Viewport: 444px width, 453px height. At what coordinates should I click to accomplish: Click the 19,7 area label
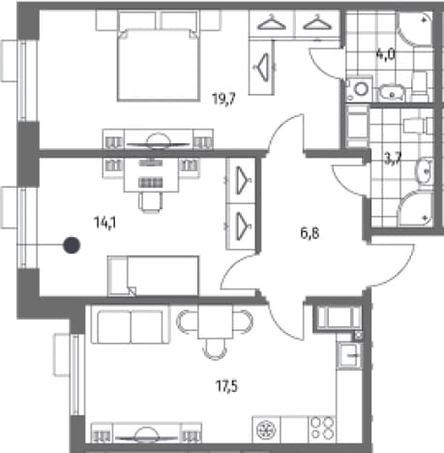click(x=223, y=99)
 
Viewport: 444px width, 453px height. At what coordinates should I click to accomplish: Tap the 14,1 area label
click(x=105, y=223)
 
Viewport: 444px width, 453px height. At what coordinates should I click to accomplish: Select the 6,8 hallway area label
click(x=310, y=232)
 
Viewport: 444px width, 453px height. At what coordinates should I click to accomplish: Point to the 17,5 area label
click(x=226, y=386)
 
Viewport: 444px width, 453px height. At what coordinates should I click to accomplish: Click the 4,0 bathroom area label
click(x=385, y=54)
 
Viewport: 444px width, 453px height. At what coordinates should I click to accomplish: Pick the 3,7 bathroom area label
click(x=393, y=160)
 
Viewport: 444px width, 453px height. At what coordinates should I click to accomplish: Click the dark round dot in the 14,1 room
click(x=72, y=245)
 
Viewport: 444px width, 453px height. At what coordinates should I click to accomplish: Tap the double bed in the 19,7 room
click(x=159, y=65)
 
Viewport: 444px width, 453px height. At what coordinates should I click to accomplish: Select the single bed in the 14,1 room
click(x=153, y=276)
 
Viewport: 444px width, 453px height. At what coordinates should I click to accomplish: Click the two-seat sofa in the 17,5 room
click(x=131, y=324)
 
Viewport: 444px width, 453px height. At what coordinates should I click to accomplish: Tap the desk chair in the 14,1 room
click(x=151, y=202)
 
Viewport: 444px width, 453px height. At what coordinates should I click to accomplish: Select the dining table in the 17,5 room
click(x=215, y=321)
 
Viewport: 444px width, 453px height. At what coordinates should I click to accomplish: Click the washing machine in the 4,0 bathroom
click(x=360, y=89)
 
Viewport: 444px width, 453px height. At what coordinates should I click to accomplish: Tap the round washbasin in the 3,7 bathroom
click(x=425, y=171)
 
